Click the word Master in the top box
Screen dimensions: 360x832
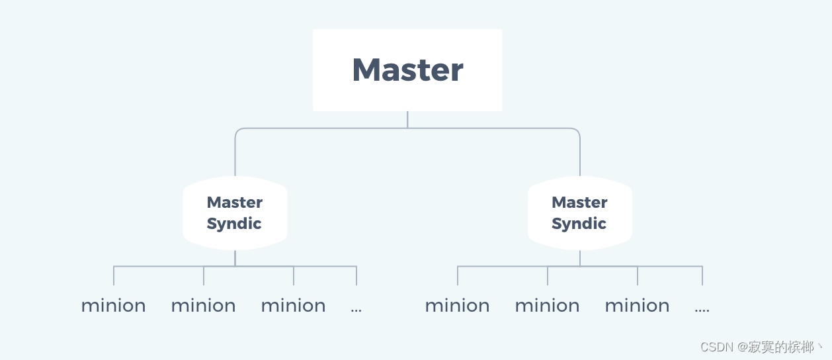tap(407, 69)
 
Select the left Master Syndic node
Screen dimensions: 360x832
tap(235, 213)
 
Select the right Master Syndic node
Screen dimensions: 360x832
tap(580, 213)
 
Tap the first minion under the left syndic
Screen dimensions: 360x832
tap(113, 306)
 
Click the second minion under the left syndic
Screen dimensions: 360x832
tap(203, 306)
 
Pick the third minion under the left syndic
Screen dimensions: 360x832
tap(293, 306)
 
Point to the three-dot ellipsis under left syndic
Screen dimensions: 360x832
tap(356, 309)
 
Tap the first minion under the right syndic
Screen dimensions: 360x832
tap(457, 306)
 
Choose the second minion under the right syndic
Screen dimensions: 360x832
tap(547, 306)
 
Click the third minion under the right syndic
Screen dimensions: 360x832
tap(637, 306)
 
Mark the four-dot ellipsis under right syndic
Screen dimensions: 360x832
tap(702, 309)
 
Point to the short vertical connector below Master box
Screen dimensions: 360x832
tap(407, 119)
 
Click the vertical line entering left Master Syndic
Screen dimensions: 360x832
tap(235, 156)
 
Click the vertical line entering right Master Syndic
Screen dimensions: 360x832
tap(580, 156)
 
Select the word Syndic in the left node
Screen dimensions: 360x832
tap(234, 224)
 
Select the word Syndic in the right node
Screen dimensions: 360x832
tap(579, 224)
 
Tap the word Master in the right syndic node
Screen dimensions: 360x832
tap(580, 202)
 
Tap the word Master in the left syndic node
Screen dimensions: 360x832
tap(235, 202)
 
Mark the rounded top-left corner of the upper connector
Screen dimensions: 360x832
tap(237, 130)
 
